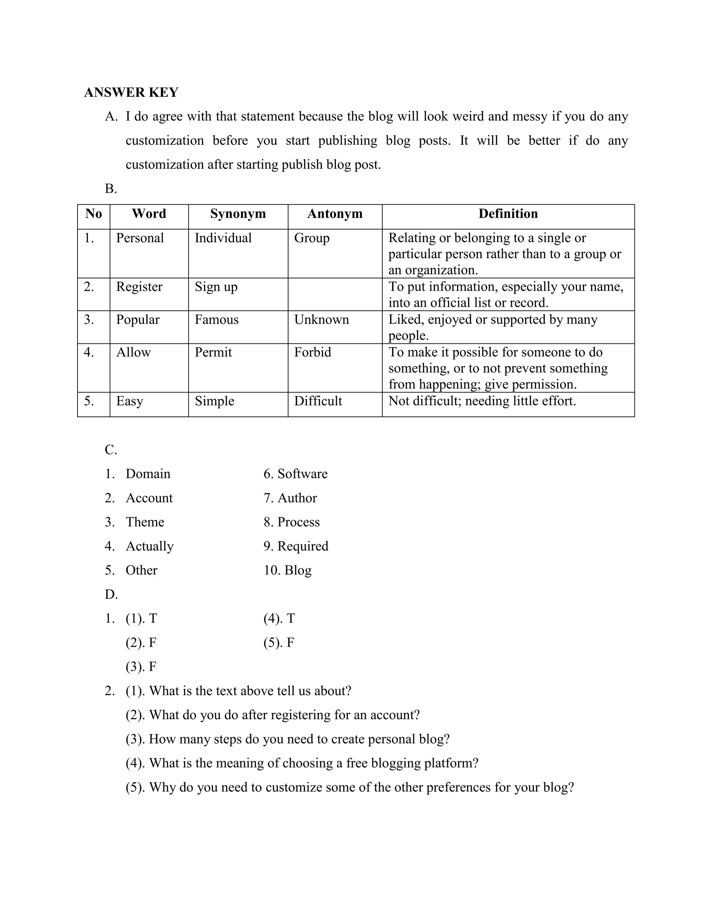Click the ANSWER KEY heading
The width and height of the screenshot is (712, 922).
pyautogui.click(x=131, y=93)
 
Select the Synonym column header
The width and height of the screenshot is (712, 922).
pyautogui.click(x=238, y=214)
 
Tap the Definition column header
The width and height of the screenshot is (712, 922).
pyautogui.click(x=508, y=214)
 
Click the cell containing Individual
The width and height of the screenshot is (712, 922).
pyautogui.click(x=223, y=238)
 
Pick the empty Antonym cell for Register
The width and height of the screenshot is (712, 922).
pyautogui.click(x=334, y=294)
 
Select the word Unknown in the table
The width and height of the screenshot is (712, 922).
pyautogui.click(x=322, y=320)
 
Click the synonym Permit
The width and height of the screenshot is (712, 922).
pyautogui.click(x=213, y=352)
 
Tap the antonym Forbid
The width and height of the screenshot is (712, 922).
pyautogui.click(x=313, y=352)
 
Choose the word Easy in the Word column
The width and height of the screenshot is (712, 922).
pyautogui.click(x=129, y=401)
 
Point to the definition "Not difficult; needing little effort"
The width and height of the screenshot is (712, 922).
pyautogui.click(x=482, y=401)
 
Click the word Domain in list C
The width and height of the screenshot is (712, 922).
pyautogui.click(x=148, y=474)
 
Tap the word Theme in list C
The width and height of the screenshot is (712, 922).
pyautogui.click(x=145, y=522)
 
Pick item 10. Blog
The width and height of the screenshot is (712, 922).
pyautogui.click(x=288, y=570)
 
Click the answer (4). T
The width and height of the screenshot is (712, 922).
pyautogui.click(x=279, y=619)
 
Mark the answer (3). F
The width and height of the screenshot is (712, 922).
pyautogui.click(x=141, y=667)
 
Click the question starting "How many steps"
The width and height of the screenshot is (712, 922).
pyautogui.click(x=288, y=739)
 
